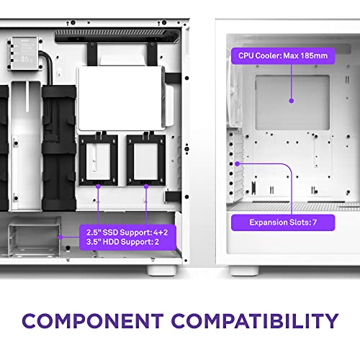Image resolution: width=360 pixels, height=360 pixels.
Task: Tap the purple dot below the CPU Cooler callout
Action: click(292, 102)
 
